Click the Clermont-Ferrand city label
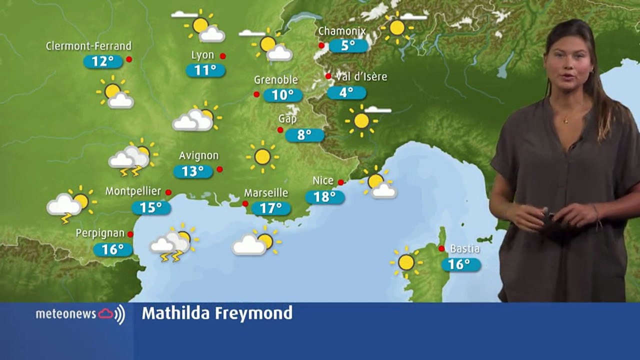click(88, 46)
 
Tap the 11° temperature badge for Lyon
click(205, 70)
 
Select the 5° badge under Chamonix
click(348, 46)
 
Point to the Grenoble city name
click(275, 80)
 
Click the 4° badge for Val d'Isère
click(346, 92)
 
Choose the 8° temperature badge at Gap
click(304, 135)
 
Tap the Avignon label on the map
click(198, 155)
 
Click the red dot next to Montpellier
click(168, 192)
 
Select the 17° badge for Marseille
click(270, 208)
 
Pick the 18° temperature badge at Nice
click(325, 196)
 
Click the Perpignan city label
click(100, 233)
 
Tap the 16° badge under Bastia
click(460, 264)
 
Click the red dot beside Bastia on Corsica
click(441, 248)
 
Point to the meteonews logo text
click(66, 314)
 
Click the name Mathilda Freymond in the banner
click(217, 313)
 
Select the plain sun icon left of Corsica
click(406, 262)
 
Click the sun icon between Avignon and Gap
click(262, 156)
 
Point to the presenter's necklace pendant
click(565, 120)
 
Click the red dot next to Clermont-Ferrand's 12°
click(129, 59)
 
